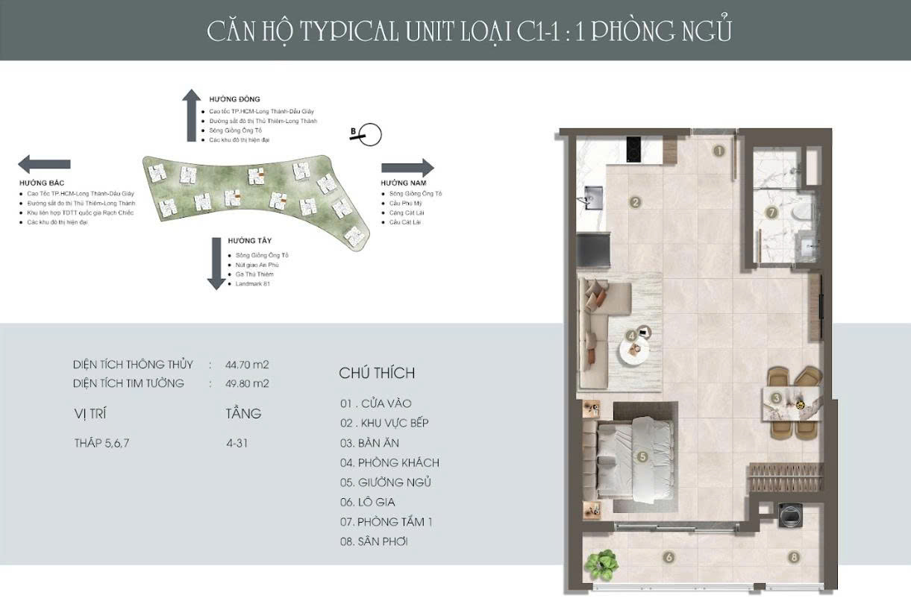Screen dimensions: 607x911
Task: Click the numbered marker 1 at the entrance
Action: point(719,151)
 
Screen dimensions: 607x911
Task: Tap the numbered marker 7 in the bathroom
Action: point(772,213)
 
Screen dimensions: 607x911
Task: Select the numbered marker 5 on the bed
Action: point(641,456)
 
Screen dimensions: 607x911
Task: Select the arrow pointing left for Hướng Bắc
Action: point(44,164)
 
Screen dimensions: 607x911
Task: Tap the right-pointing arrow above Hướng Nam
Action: point(407,167)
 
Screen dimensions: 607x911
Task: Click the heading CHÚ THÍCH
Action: point(377,373)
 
